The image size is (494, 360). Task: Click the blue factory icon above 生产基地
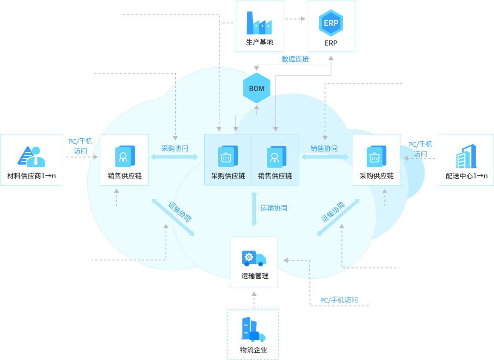tap(259, 23)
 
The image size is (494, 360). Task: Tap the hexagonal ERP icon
tap(331, 23)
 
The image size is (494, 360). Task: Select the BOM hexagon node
tap(257, 89)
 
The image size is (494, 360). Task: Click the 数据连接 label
tap(295, 59)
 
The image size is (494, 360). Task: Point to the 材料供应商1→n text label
tap(31, 175)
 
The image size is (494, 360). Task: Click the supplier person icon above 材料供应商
tap(31, 156)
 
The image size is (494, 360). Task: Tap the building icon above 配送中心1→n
tap(466, 156)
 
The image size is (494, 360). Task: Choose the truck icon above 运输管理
tap(254, 258)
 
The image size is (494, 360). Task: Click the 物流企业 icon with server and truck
tap(253, 329)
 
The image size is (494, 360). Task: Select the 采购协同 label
tap(174, 148)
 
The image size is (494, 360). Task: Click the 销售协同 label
tap(324, 148)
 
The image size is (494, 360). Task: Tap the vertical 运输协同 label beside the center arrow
tap(274, 208)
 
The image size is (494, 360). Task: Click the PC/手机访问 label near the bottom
tap(339, 300)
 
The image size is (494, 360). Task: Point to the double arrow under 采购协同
tap(174, 157)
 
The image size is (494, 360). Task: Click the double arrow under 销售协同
tap(325, 157)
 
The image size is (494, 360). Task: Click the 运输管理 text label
tap(255, 276)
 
